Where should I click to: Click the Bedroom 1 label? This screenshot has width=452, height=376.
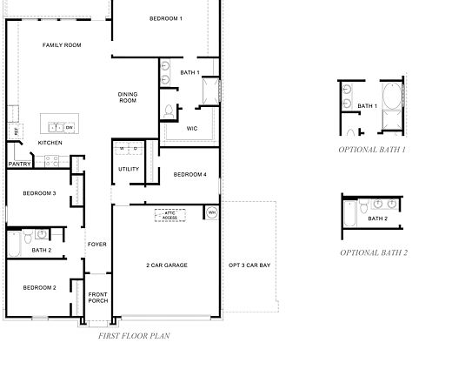[165, 18]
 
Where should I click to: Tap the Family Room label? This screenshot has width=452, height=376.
[62, 44]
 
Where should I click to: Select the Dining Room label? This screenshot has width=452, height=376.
[128, 97]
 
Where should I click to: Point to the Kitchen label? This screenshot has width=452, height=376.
[50, 143]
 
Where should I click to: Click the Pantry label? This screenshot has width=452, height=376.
[19, 164]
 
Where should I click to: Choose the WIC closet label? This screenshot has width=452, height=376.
[192, 128]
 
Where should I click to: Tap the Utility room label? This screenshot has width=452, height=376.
[129, 169]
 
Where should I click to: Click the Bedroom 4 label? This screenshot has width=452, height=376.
[189, 175]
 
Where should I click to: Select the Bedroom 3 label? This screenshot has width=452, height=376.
[39, 193]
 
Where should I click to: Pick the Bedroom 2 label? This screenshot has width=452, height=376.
[39, 287]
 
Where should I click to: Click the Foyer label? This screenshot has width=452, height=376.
[96, 245]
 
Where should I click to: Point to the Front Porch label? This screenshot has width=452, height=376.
[98, 298]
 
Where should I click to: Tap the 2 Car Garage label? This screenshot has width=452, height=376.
[166, 265]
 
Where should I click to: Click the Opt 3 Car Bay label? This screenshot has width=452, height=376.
[249, 265]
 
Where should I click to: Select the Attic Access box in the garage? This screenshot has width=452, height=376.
[169, 215]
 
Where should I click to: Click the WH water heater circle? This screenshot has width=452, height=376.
[211, 211]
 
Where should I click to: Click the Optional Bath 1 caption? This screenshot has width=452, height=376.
[373, 150]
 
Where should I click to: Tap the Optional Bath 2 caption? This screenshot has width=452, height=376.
[374, 252]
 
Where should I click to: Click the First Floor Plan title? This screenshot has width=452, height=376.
[134, 335]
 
